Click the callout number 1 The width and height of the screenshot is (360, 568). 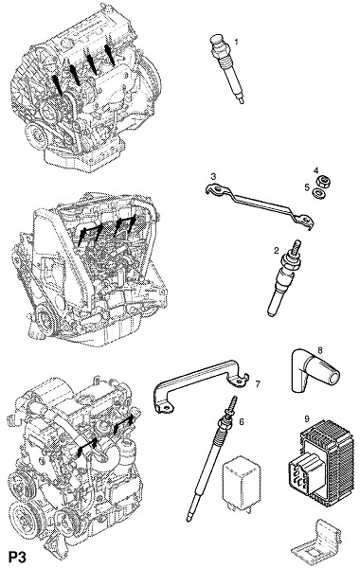pyautogui.click(x=236, y=42)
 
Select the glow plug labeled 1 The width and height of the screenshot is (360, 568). pyautogui.click(x=226, y=68)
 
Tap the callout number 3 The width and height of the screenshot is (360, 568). pyautogui.click(x=213, y=176)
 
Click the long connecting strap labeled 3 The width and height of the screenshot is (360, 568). pyautogui.click(x=258, y=205)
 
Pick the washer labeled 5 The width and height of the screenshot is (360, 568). pyautogui.click(x=318, y=193)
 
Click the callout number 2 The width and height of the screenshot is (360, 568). pyautogui.click(x=277, y=250)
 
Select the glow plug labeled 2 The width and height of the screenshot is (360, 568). pyautogui.click(x=285, y=277)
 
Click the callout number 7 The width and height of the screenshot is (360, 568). pyautogui.click(x=258, y=384)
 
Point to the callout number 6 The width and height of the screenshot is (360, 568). pyautogui.click(x=242, y=421)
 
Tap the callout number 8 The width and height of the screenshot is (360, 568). pyautogui.click(x=320, y=350)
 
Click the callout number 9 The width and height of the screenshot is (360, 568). pyautogui.click(x=307, y=419)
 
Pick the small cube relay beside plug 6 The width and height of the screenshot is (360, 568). pyautogui.click(x=241, y=484)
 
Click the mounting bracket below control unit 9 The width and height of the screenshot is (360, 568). pyautogui.click(x=316, y=543)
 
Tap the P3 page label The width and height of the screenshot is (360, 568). pyautogui.click(x=17, y=558)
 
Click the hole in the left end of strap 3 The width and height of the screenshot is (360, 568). pyautogui.click(x=216, y=189)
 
